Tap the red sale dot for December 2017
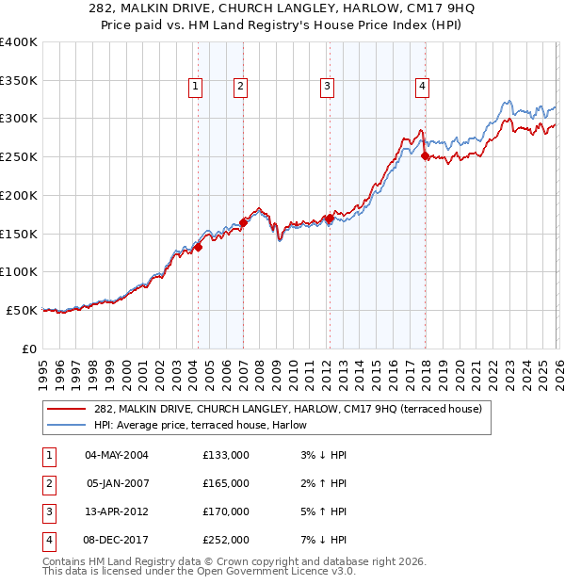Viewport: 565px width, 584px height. click(425, 156)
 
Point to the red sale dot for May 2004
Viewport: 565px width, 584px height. click(199, 247)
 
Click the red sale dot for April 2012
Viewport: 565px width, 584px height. click(330, 219)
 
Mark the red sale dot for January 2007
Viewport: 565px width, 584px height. click(243, 222)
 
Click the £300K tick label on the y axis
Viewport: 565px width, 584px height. click(19, 119)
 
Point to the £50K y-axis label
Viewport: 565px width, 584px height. click(22, 310)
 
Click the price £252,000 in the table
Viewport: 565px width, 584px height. click(226, 540)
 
